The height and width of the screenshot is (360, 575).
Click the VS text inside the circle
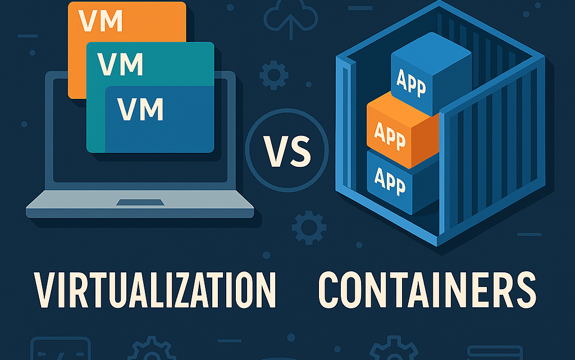click(x=287, y=151)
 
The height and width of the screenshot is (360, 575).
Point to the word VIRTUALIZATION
click(x=155, y=289)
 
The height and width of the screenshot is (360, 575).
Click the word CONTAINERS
click(x=427, y=289)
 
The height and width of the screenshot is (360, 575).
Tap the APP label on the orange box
click(x=390, y=135)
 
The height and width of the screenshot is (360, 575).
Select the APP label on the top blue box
click(x=411, y=83)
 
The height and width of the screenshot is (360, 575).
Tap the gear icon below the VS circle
click(x=308, y=227)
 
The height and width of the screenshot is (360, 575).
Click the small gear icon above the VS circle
click(x=274, y=75)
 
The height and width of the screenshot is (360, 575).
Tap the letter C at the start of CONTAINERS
click(x=330, y=289)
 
